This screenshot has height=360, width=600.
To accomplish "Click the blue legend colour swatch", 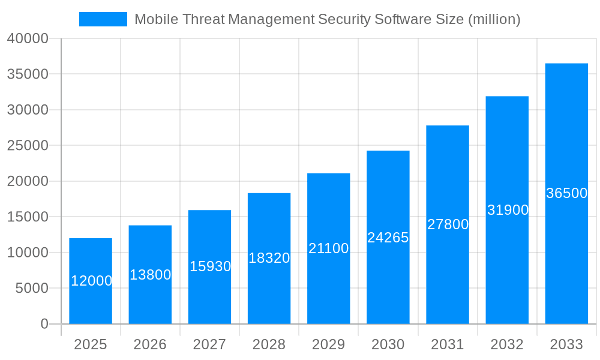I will pos(103,19).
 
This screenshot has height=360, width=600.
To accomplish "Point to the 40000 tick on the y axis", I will pos(28,38).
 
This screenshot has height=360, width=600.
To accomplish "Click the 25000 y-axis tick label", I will pos(28,145).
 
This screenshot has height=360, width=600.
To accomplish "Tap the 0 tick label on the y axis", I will pos(44,324).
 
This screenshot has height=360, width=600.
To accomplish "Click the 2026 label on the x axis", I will pos(150,344).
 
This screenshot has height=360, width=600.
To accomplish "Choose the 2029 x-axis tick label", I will pos(328,344).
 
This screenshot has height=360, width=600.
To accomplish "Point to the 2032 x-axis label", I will pos(507,344).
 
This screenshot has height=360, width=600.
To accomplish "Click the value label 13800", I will pos(150,275).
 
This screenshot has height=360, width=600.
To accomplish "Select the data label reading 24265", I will pos(388,238).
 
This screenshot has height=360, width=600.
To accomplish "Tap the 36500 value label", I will pos(566,193).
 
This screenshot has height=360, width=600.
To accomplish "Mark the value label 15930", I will pos(210,266).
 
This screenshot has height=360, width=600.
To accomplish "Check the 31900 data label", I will pos(508,210).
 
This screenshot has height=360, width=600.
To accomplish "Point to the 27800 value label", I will pos(448,224).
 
